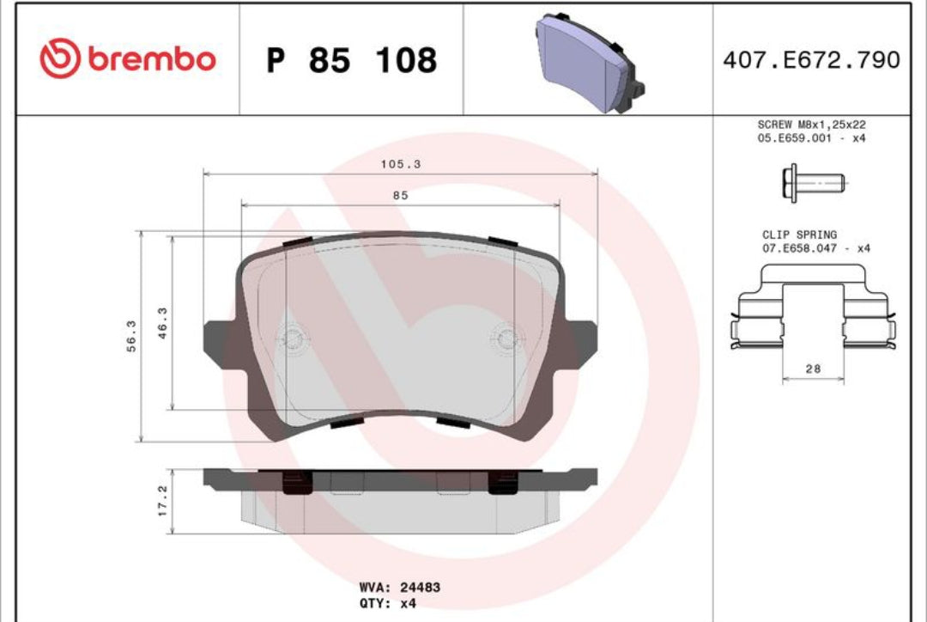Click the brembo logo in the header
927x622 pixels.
[128, 58]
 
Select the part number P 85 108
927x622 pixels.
[352, 60]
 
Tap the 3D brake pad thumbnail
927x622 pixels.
[590, 63]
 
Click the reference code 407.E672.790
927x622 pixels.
[811, 60]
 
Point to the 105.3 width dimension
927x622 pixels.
[401, 164]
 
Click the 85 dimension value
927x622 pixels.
[400, 195]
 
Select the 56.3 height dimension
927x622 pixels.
[131, 336]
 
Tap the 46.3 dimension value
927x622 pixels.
[162, 323]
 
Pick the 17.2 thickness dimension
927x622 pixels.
[162, 501]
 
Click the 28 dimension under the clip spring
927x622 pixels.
[813, 369]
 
